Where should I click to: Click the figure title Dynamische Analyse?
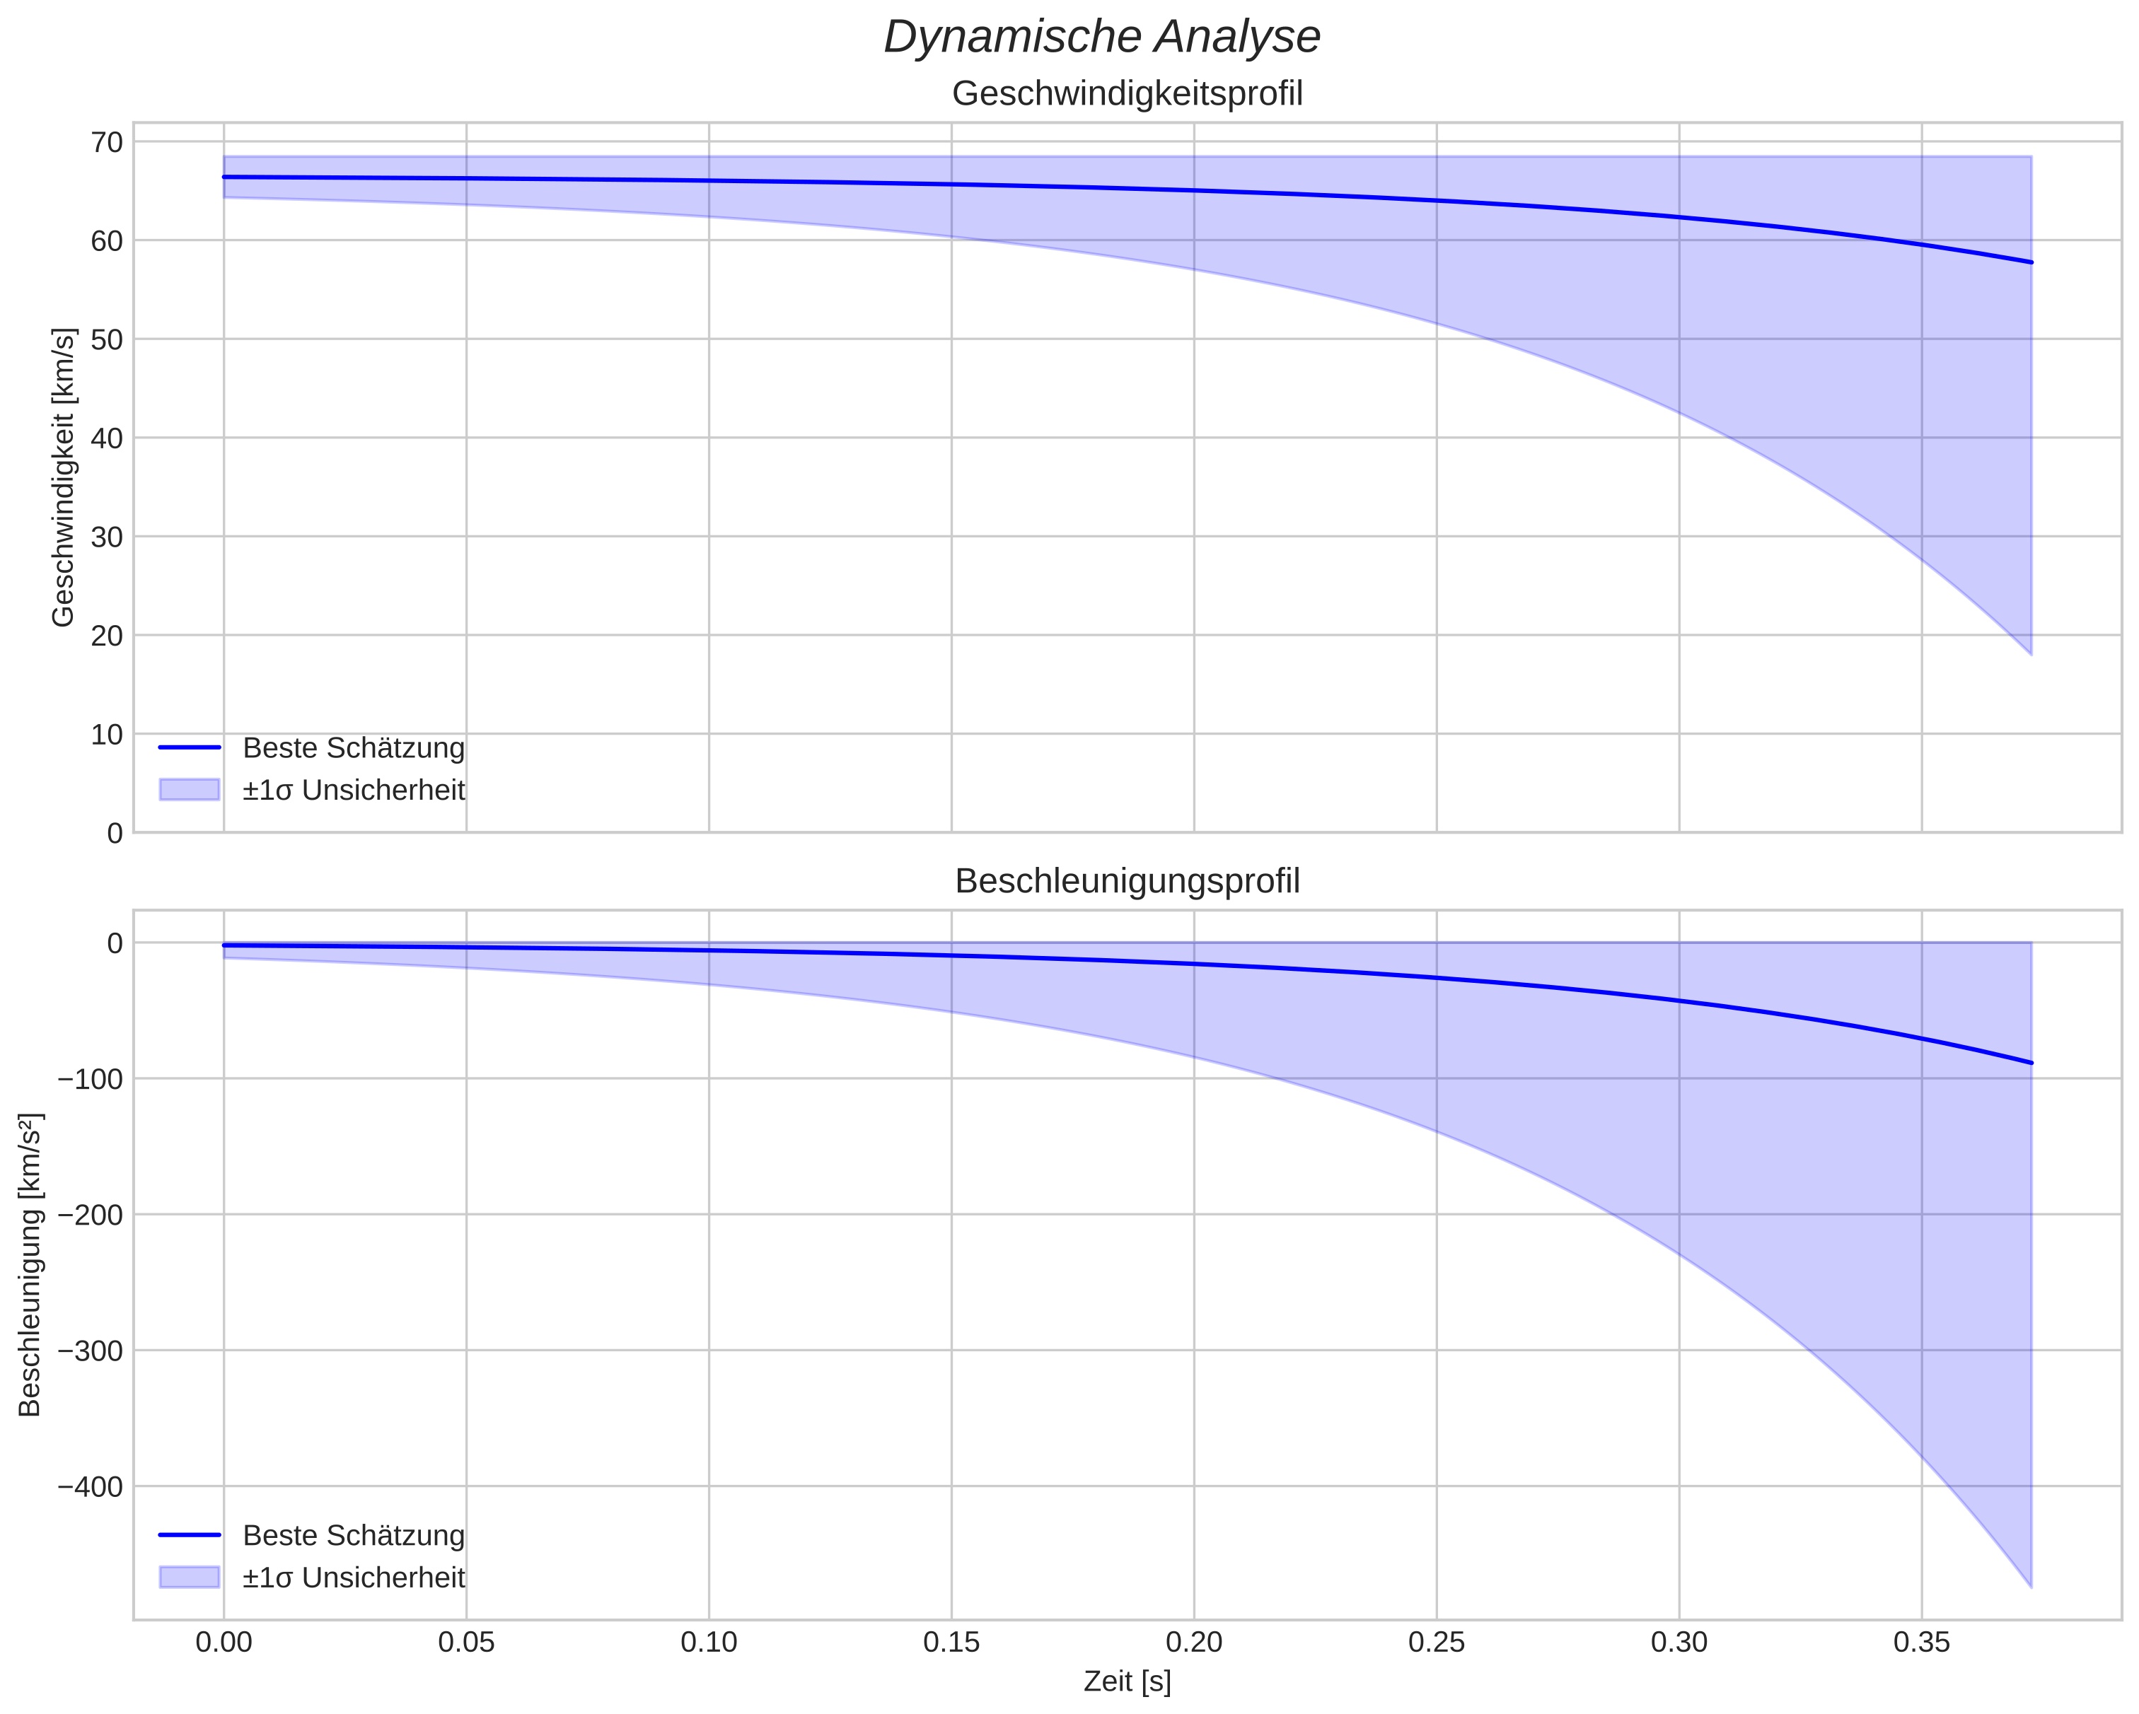click(1101, 37)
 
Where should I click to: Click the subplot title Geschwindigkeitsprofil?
click(1127, 93)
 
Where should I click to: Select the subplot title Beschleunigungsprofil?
click(1127, 881)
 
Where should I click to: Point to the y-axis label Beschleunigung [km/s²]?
click(30, 1265)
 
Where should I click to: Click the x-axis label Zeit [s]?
click(1127, 1681)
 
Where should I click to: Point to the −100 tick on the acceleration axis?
click(91, 1079)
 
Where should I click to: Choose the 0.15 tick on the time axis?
click(951, 1643)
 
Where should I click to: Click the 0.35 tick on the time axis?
click(1922, 1643)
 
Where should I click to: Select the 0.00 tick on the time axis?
click(224, 1643)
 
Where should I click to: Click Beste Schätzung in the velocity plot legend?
click(353, 748)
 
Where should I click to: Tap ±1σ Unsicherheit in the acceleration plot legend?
click(353, 1578)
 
